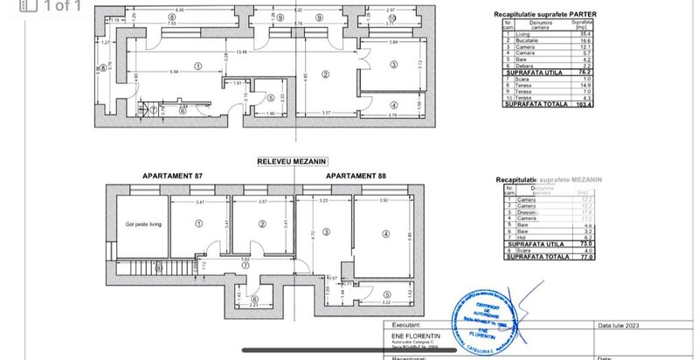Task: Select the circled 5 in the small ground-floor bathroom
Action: click(x=271, y=99)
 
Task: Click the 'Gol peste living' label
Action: click(x=143, y=225)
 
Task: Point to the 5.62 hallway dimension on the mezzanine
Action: click(x=247, y=259)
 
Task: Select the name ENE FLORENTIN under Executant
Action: click(x=406, y=333)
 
